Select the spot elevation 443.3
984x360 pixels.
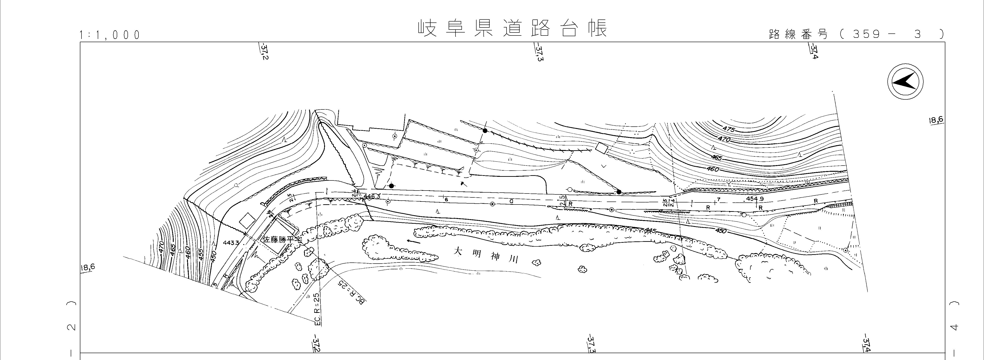pyautogui.click(x=231, y=243)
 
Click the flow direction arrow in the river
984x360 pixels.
pyautogui.click(x=414, y=241)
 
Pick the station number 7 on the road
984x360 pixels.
pyautogui.click(x=718, y=199)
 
